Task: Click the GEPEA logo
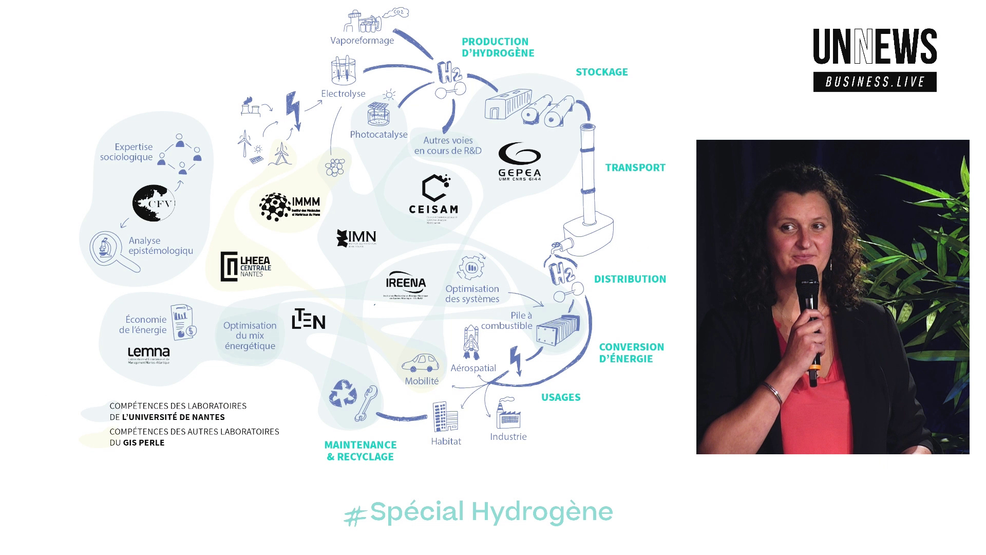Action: tap(519, 161)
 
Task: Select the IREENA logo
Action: tap(406, 285)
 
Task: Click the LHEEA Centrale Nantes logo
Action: tap(245, 266)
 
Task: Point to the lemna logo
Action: tap(148, 354)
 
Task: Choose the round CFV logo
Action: tap(154, 203)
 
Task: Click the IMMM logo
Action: tap(290, 207)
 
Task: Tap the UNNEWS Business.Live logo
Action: tap(875, 60)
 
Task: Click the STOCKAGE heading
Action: tap(601, 72)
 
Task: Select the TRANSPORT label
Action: tap(635, 168)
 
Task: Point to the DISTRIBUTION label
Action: tap(630, 279)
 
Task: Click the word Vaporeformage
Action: tap(362, 41)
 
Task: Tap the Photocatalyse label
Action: tap(378, 135)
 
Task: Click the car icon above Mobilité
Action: tap(421, 363)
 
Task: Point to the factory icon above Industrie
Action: tap(508, 414)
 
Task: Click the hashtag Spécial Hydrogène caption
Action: tap(479, 512)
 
